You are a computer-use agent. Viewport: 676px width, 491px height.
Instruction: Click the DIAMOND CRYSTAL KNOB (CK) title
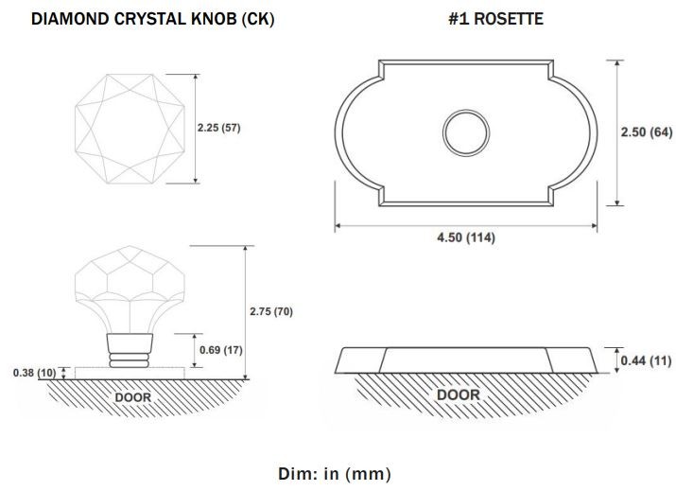(153, 19)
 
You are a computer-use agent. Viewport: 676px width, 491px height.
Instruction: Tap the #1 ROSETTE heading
(495, 19)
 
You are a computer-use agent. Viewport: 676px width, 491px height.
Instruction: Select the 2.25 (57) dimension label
(219, 128)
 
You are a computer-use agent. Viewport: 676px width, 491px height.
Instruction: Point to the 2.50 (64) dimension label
(647, 132)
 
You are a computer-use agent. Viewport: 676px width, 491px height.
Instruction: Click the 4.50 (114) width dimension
(466, 237)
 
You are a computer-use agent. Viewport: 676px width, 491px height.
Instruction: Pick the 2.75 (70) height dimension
(271, 311)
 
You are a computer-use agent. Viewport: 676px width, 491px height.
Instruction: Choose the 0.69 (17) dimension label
(220, 349)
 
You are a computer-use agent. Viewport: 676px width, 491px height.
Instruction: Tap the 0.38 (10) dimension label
(34, 373)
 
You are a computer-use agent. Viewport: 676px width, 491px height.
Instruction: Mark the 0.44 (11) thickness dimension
(646, 360)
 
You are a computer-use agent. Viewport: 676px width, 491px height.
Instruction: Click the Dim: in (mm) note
(335, 474)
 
